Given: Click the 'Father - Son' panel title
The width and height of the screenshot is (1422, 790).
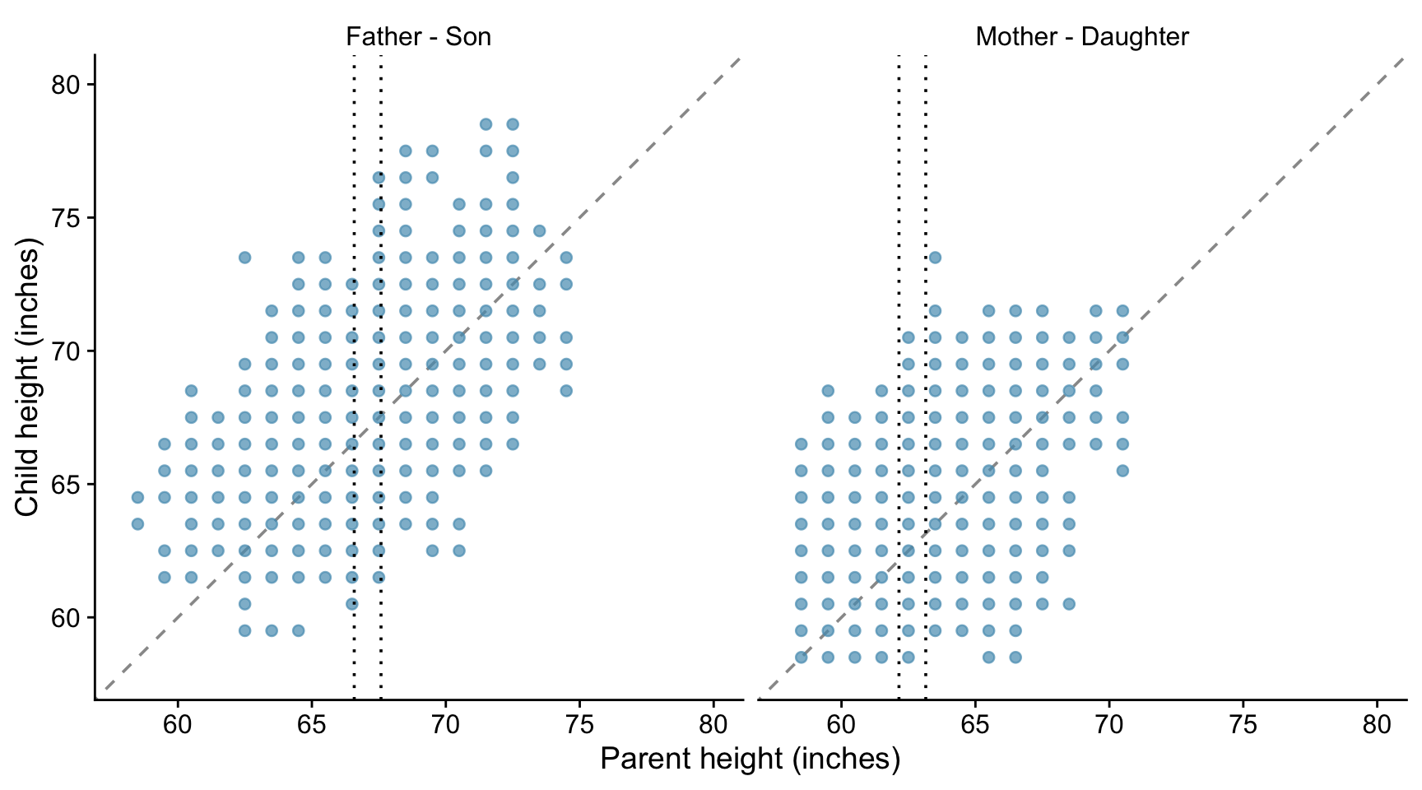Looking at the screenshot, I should click(x=418, y=37).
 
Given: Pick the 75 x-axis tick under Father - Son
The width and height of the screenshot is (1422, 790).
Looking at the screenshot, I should click(x=579, y=725).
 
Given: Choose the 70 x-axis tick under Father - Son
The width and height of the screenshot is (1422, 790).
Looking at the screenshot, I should click(x=445, y=725).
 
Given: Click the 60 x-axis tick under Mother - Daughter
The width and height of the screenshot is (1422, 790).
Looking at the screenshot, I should click(x=841, y=725).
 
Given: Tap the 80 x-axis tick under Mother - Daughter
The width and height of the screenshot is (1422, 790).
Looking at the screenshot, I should click(x=1377, y=725).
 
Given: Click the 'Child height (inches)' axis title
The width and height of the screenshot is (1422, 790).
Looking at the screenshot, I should click(x=27, y=378).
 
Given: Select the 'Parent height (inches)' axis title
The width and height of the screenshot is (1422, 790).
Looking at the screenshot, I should click(x=750, y=759).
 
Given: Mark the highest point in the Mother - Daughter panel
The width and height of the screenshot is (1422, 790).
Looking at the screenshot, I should click(x=935, y=258).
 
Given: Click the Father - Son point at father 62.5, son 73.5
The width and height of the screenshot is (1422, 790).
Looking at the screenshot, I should click(x=244, y=258).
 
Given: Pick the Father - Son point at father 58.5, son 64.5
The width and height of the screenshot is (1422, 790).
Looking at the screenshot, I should click(x=137, y=497).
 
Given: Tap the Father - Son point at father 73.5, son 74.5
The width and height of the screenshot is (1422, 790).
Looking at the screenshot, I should click(x=539, y=231).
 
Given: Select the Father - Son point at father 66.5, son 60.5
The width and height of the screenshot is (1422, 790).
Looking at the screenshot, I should click(x=351, y=604).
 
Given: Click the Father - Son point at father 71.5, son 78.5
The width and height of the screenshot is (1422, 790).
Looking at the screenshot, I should click(x=486, y=124).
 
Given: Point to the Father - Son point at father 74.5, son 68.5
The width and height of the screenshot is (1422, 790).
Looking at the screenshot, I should click(x=566, y=391).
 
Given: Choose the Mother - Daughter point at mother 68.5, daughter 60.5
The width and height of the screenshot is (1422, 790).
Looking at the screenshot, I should click(x=1069, y=604).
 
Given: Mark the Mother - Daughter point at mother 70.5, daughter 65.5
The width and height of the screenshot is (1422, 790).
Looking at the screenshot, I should click(x=1122, y=471).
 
